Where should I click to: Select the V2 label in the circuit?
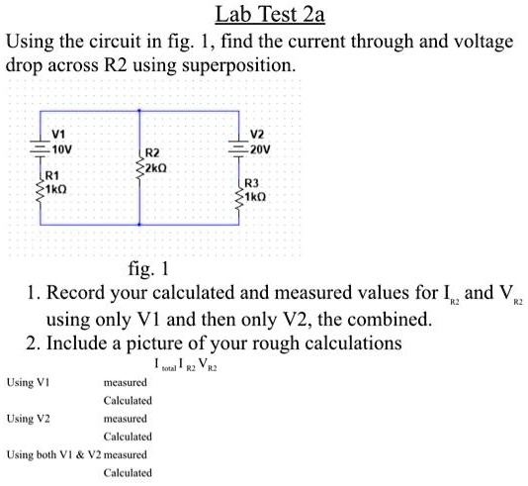pos(257,134)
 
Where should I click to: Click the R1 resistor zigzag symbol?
pos(41,185)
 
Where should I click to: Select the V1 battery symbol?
pos(41,145)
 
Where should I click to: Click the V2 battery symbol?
pos(238,146)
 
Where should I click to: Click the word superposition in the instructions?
pos(243,66)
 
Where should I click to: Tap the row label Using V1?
pos(29,381)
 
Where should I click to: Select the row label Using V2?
pos(29,419)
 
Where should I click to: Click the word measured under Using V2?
pos(124,419)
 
